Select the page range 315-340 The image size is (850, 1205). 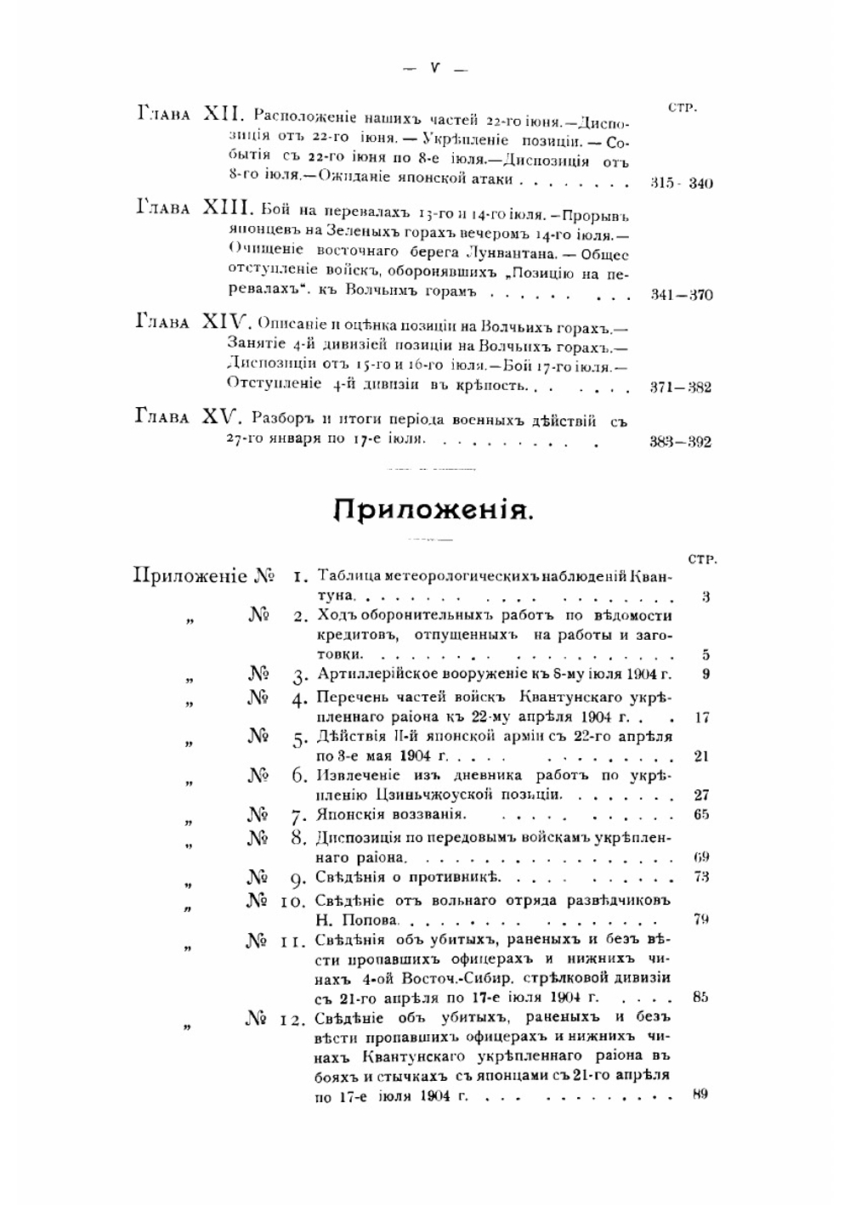coord(681,183)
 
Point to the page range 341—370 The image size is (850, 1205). coord(681,295)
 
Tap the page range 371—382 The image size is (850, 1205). coord(680,388)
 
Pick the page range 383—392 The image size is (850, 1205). coord(680,442)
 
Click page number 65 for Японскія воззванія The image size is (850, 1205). coord(701,815)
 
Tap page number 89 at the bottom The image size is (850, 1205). coord(700,1095)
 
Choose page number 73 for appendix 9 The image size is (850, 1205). coord(701,877)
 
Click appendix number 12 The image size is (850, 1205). coord(293,1019)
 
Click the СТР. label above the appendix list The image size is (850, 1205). coord(702,559)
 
